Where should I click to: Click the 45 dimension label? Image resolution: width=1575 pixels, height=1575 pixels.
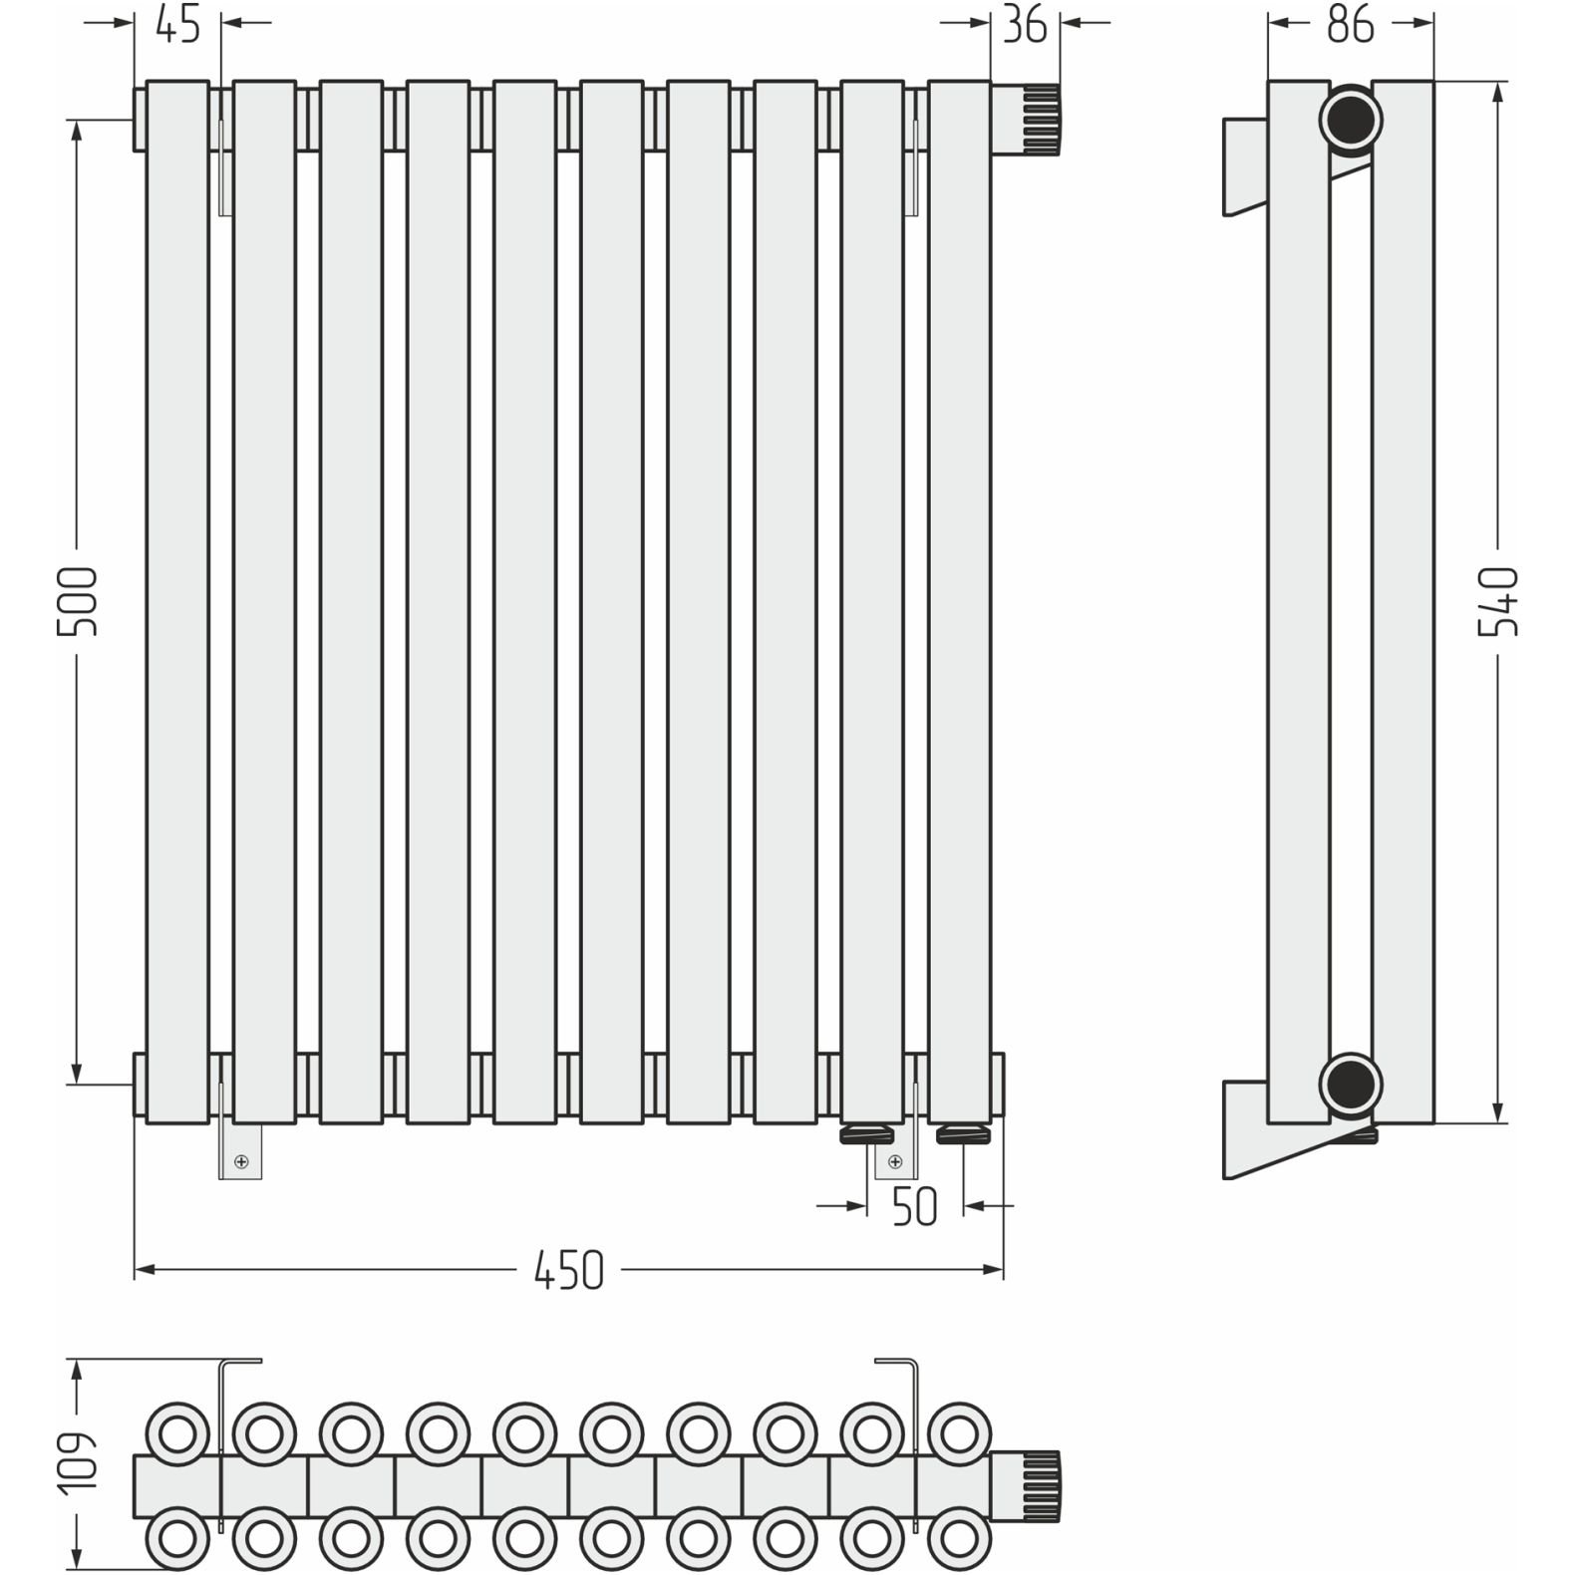pyautogui.click(x=178, y=25)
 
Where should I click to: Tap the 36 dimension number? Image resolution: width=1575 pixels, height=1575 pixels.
pyautogui.click(x=1025, y=25)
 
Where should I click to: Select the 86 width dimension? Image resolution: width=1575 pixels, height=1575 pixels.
pyautogui.click(x=1351, y=25)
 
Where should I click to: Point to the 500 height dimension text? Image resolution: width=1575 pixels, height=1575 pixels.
pyautogui.click(x=78, y=601)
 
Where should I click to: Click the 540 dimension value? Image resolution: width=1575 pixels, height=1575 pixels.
pyautogui.click(x=1497, y=601)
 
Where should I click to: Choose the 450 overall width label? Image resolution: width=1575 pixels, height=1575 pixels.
pyautogui.click(x=568, y=1271)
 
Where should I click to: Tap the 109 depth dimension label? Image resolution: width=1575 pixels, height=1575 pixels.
pyautogui.click(x=78, y=1462)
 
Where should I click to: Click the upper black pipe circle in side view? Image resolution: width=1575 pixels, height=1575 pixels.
pyautogui.click(x=1351, y=121)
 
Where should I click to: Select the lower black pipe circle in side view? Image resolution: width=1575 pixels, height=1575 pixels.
pyautogui.click(x=1351, y=1084)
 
